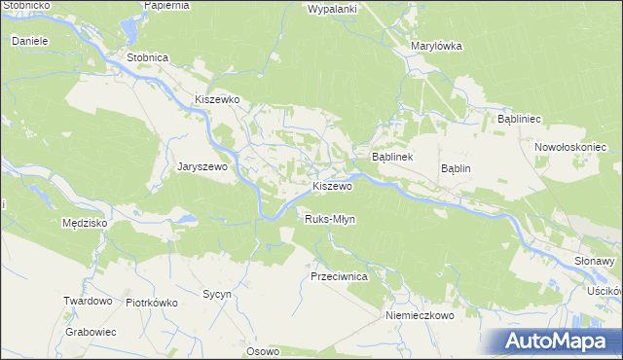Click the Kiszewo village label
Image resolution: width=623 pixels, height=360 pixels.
(332, 186)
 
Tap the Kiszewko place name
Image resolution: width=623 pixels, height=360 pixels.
(217, 99)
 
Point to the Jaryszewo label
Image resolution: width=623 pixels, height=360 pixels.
(202, 166)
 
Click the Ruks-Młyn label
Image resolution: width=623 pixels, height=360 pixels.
(330, 219)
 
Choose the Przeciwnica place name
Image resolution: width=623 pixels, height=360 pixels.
(338, 276)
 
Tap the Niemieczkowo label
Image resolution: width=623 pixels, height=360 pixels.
(420, 315)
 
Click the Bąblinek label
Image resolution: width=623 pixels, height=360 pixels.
(393, 157)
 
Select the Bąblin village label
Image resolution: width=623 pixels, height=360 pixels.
(456, 168)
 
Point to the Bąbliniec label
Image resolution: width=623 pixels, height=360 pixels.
(519, 118)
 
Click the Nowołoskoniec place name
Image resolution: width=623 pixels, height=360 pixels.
(570, 147)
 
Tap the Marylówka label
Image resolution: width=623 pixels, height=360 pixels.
(436, 46)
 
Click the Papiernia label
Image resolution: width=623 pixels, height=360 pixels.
(165, 5)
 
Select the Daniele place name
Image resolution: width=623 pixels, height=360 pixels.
(30, 42)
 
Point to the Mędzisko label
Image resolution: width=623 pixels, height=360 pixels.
(84, 223)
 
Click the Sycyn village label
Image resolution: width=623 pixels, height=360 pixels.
(216, 293)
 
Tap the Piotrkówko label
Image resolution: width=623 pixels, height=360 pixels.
(152, 302)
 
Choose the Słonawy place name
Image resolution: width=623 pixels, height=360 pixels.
(594, 262)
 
